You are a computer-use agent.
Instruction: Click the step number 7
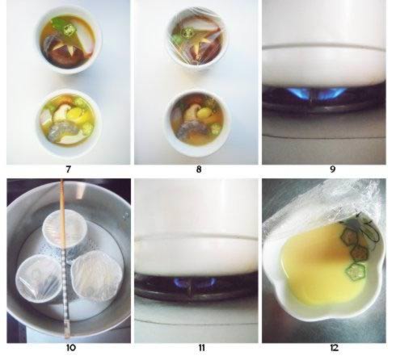click(68, 170)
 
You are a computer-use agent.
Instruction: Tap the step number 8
click(199, 170)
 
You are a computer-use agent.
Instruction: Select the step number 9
click(332, 170)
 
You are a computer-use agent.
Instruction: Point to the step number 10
click(71, 348)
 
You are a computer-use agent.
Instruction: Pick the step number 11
click(202, 348)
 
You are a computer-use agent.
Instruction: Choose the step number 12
click(334, 348)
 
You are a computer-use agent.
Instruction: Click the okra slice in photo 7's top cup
click(70, 29)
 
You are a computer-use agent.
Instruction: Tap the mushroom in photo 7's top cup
click(61, 52)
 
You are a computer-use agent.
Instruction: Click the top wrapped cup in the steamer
click(63, 229)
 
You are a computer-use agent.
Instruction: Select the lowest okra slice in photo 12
click(356, 272)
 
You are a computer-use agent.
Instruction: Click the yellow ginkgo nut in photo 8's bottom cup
click(204, 113)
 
